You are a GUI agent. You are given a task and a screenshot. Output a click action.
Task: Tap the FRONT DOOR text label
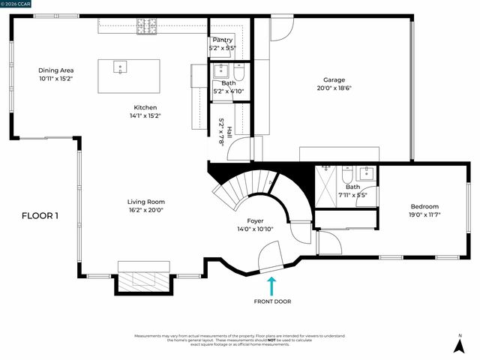[272, 301]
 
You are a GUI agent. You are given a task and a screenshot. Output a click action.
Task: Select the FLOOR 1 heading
[40, 216]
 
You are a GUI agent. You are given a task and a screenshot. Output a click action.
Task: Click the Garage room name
[334, 79]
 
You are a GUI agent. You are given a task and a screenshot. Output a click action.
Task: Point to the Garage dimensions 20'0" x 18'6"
[334, 88]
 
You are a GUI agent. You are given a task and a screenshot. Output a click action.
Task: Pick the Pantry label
[222, 40]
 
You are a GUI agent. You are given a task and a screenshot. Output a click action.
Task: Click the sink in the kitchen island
[120, 67]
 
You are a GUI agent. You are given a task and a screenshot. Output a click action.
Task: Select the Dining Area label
[56, 70]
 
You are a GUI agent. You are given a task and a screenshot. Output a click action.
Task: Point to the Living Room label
[145, 202]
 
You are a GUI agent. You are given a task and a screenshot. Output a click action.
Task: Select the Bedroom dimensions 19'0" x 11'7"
[424, 214]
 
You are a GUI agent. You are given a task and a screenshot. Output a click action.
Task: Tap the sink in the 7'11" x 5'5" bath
[366, 175]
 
